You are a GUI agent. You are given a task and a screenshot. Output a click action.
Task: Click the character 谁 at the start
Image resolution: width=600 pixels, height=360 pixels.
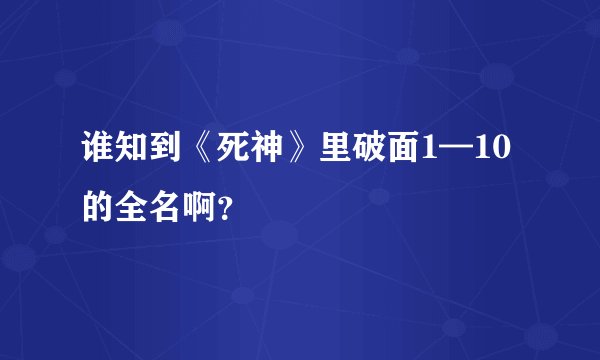coord(101,152)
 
